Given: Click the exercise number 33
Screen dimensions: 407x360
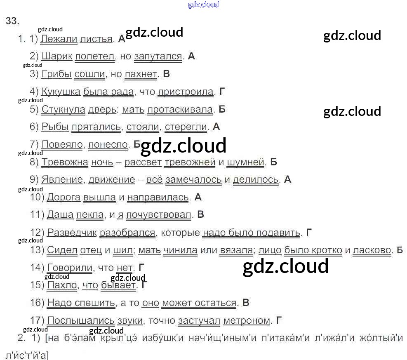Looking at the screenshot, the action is pos(12,21).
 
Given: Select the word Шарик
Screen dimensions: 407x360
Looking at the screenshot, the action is pos(57,56).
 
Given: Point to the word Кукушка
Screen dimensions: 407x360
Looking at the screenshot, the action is pos(61,92).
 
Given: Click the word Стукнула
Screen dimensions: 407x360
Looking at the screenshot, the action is pos(63,109).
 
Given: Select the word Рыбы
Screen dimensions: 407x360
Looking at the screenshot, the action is pos(55,127).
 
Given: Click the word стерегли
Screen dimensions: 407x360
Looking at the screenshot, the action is pos(186,127).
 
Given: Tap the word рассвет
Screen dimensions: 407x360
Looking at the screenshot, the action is pos(143,162).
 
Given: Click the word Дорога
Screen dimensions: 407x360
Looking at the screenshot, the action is pos(64,197).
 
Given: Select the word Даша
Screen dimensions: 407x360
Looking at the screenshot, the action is pos(60,214).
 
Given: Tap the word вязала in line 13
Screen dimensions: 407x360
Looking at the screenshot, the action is pos(236,250).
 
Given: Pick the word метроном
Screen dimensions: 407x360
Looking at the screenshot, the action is pos(247,320).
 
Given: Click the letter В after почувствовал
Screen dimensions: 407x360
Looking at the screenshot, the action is pos(201,214).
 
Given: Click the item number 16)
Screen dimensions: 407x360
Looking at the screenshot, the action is pos(37,303).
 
